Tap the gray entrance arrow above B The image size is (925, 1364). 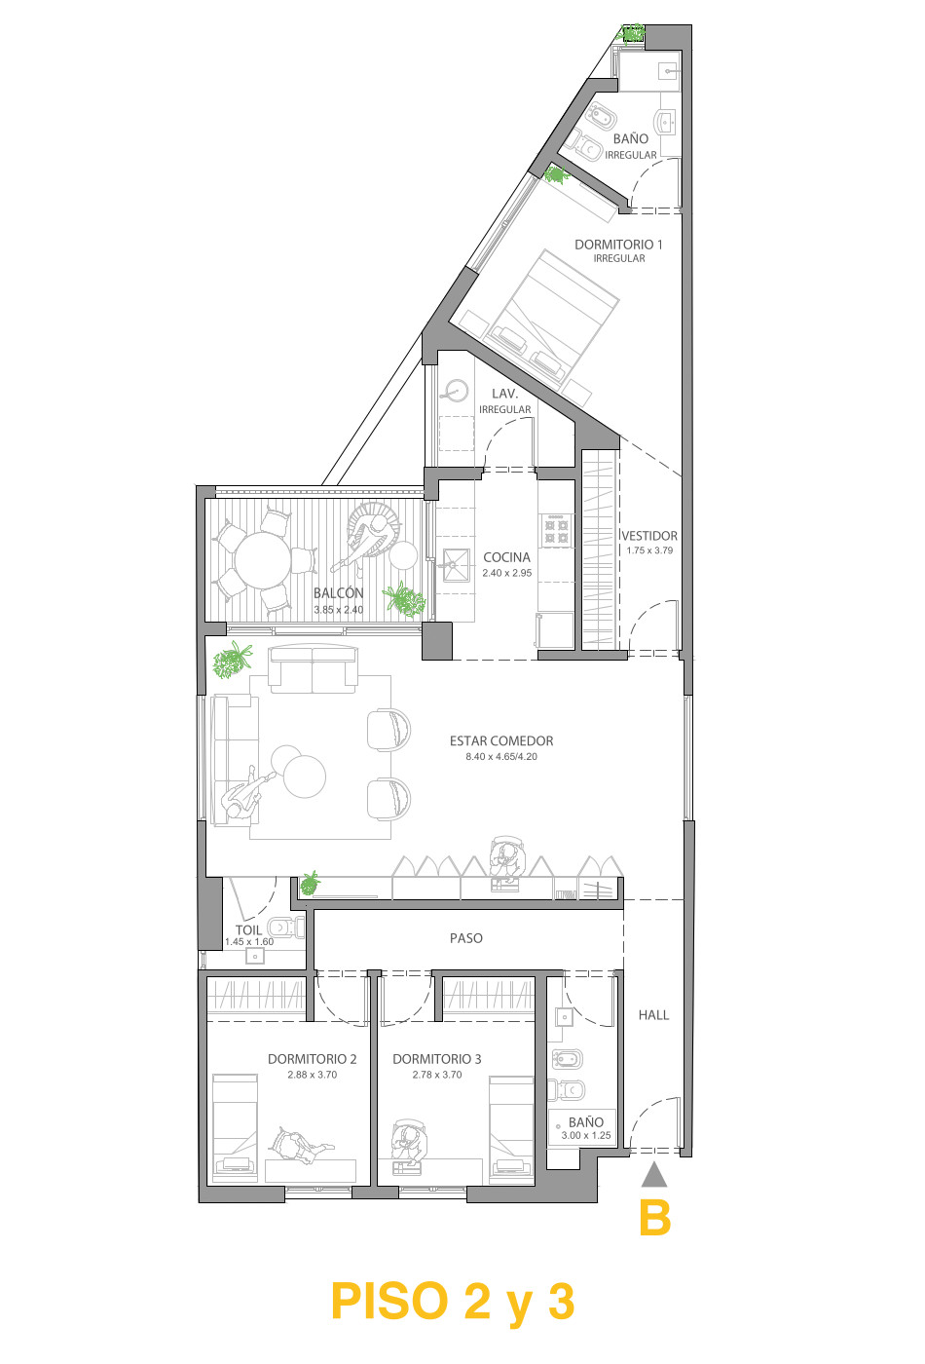click(654, 1175)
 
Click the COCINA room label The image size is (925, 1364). click(506, 557)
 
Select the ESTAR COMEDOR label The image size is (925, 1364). click(501, 741)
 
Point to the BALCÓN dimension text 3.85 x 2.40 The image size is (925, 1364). click(339, 610)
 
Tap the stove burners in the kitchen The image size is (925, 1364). click(556, 530)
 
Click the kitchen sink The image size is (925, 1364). click(456, 565)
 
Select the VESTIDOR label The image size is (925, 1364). click(649, 536)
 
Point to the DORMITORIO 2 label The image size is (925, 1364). click(313, 1059)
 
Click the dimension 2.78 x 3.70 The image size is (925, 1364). click(437, 1075)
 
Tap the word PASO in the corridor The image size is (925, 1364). click(466, 938)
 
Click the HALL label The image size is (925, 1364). click(653, 1015)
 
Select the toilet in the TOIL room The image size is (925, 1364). click(285, 927)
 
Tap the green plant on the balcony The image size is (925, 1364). click(404, 598)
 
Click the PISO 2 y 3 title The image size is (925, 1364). click(454, 1301)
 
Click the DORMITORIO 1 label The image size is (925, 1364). click(618, 245)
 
